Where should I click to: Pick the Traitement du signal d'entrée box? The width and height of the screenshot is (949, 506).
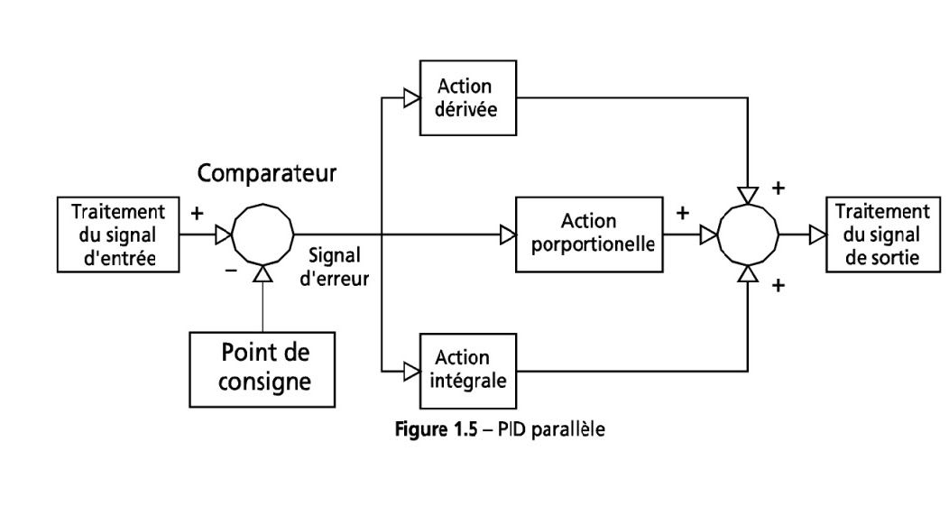(117, 233)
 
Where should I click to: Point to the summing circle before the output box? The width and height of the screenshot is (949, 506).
(747, 235)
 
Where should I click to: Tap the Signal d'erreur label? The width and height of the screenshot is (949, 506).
(335, 267)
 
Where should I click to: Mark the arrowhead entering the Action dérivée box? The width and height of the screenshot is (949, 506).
(411, 97)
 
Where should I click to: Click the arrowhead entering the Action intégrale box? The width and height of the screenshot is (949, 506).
(411, 369)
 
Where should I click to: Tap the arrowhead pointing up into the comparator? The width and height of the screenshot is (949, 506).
(263, 273)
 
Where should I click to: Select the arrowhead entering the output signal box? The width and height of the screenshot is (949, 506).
(816, 235)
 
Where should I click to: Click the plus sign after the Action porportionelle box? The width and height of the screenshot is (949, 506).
(683, 214)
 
